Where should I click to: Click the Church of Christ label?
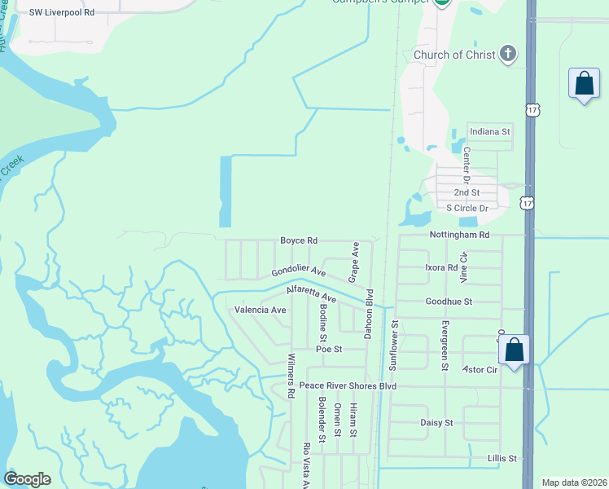click(x=453, y=55)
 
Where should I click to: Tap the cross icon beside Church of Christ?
click(x=508, y=54)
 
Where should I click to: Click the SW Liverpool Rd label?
click(x=62, y=13)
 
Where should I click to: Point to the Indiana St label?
click(x=489, y=130)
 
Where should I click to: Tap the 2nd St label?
click(x=467, y=192)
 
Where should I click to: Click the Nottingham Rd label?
click(x=460, y=235)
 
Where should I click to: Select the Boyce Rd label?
click(x=299, y=240)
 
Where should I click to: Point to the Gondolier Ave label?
click(x=299, y=271)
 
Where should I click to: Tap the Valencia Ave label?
click(x=261, y=310)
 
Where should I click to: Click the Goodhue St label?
click(x=449, y=302)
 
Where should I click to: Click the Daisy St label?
click(x=436, y=423)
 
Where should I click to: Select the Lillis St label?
click(x=502, y=459)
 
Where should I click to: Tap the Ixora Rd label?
click(x=441, y=267)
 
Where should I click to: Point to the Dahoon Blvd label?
click(x=368, y=315)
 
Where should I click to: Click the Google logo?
click(x=27, y=479)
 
